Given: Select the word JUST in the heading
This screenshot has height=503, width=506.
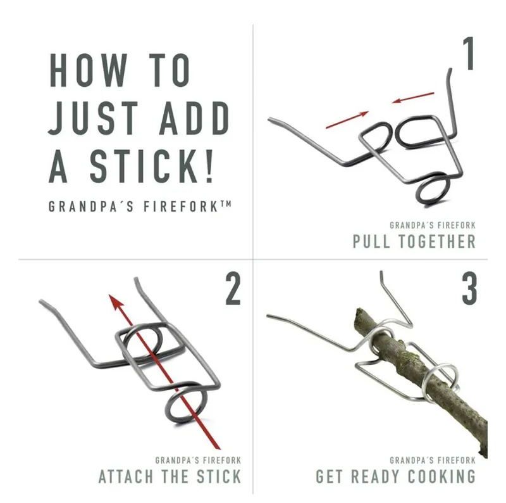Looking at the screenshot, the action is pyautogui.click(x=94, y=118).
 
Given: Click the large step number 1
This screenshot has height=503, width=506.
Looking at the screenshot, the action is pyautogui.click(x=469, y=53).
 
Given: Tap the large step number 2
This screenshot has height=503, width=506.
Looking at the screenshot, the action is pyautogui.click(x=233, y=288).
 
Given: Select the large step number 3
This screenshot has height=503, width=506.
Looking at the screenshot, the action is pyautogui.click(x=469, y=288).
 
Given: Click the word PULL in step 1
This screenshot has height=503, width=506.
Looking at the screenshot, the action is pyautogui.click(x=371, y=241).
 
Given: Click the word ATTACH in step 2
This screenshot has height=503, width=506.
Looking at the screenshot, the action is pyautogui.click(x=126, y=476).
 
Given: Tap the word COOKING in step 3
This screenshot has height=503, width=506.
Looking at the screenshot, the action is pyautogui.click(x=441, y=476).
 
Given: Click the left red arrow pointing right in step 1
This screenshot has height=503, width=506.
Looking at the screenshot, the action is pyautogui.click(x=347, y=120).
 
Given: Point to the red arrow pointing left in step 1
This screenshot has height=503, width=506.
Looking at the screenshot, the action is pyautogui.click(x=413, y=98).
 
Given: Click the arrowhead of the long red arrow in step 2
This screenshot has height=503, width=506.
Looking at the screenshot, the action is pyautogui.click(x=116, y=302).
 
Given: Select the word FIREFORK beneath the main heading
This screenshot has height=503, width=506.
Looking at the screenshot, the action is pyautogui.click(x=181, y=207).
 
